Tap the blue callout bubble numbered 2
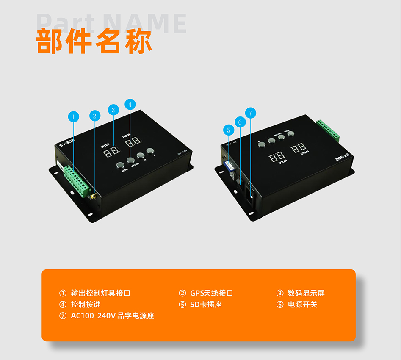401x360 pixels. [x=94, y=116]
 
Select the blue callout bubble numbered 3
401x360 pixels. [x=113, y=110]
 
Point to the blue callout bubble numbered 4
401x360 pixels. [x=130, y=104]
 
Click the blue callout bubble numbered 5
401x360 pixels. [x=229, y=130]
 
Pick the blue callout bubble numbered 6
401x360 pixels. [x=240, y=122]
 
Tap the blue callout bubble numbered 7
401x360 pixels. [x=250, y=113]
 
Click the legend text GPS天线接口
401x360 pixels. [x=211, y=293]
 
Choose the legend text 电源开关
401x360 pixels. [x=302, y=305]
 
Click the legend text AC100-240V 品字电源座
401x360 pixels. [x=112, y=316]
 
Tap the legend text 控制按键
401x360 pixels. [x=86, y=305]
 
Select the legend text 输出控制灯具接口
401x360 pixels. [x=100, y=293]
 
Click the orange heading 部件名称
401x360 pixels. [x=94, y=41]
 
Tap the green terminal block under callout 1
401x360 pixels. [x=77, y=180]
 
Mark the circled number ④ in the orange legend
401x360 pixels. [x=63, y=305]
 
